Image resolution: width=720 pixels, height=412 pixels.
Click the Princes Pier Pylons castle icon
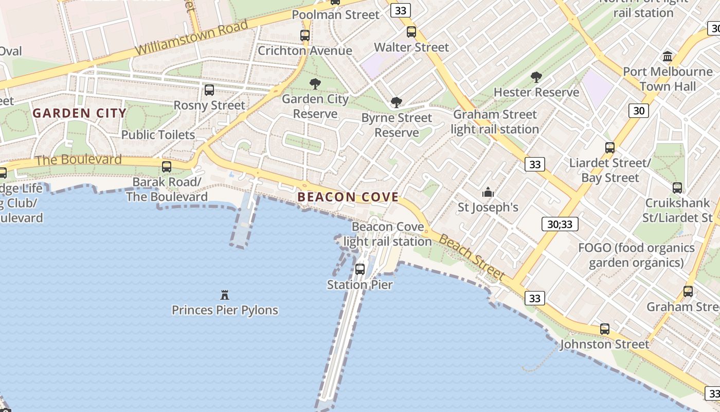(224, 295)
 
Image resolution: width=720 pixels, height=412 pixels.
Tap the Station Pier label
(360, 285)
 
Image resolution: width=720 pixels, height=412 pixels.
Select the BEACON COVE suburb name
(348, 197)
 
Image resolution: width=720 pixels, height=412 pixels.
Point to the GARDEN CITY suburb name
(80, 113)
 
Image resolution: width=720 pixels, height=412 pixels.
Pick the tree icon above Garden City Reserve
(315, 84)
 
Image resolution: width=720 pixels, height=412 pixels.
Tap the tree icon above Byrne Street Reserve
(396, 102)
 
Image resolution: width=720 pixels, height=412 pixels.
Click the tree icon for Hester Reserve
(536, 78)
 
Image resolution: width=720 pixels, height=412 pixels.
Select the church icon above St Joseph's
(488, 193)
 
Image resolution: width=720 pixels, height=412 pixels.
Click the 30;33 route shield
(560, 224)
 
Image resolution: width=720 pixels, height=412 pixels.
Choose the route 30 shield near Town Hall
(638, 110)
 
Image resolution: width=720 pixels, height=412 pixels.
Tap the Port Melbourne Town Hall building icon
(668, 56)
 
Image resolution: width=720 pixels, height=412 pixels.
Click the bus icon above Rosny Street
(209, 90)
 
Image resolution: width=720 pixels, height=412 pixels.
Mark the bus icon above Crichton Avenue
(305, 36)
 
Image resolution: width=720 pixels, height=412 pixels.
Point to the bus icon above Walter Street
(411, 32)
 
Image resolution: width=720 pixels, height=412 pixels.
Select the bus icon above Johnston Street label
(605, 329)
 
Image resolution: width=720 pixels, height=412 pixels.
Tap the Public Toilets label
(158, 135)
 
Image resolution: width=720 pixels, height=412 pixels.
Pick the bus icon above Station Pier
(360, 269)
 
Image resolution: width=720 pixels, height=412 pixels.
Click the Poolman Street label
(335, 15)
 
